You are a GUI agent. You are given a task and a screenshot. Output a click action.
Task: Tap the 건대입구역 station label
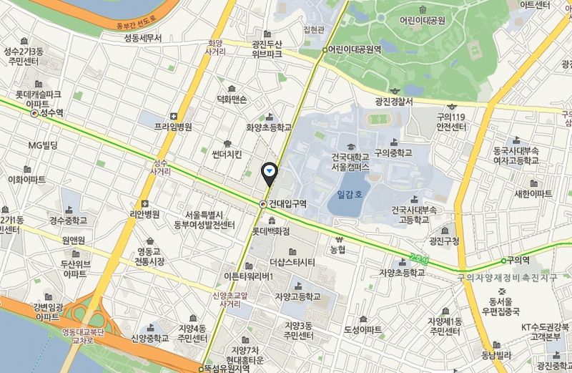coord(287,204)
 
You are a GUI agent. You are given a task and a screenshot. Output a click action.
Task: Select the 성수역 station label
coord(51,113)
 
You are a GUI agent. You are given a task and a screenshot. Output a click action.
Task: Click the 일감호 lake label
coord(350,193)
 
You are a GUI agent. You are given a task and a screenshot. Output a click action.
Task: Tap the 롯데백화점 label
coord(271,232)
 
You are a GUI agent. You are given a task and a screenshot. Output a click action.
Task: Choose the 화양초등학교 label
coord(269,127)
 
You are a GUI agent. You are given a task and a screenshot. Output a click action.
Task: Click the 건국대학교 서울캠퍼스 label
coord(340,160)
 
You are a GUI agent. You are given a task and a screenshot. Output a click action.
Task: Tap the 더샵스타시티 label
coord(292,262)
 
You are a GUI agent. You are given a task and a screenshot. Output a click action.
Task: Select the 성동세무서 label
coord(143,38)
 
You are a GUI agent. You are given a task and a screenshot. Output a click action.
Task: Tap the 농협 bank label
coord(337,250)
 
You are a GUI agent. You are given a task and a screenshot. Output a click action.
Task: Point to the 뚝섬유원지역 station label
coord(227,368)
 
